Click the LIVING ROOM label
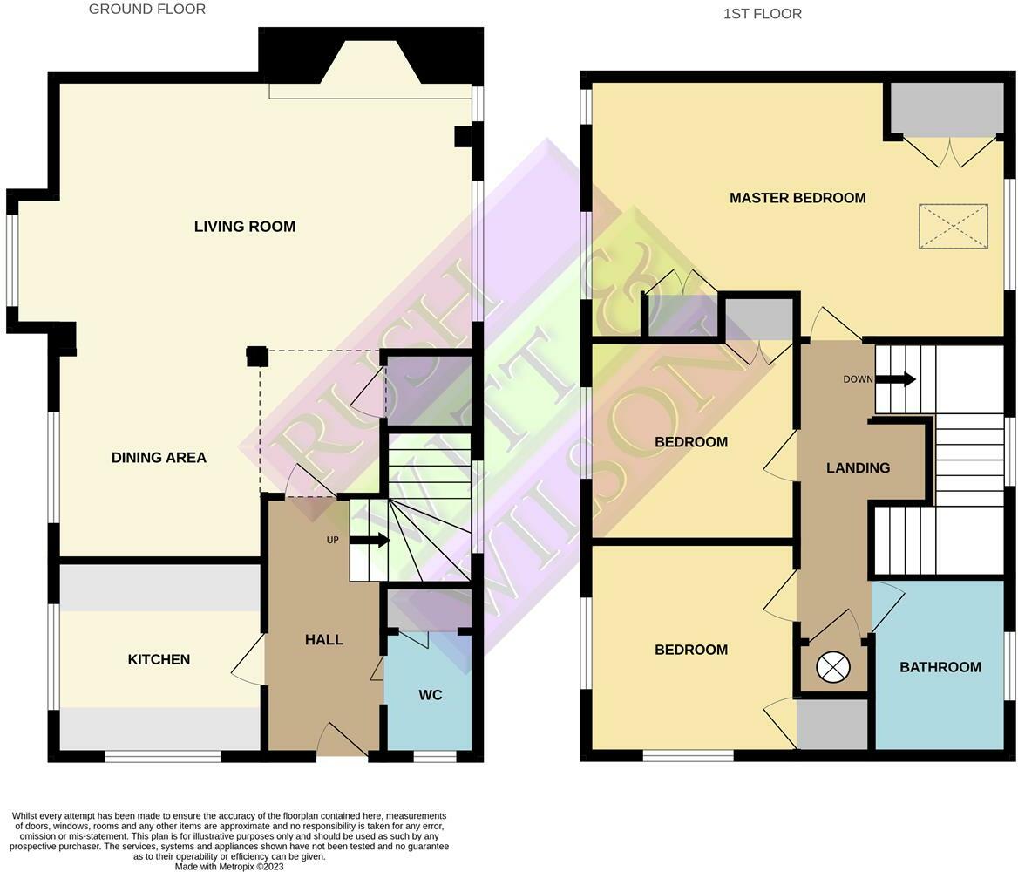[245, 227]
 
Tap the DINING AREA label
[159, 458]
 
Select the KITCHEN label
[159, 659]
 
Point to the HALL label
[324, 640]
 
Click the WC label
[431, 695]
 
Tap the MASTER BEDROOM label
[797, 198]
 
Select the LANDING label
[858, 468]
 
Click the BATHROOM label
[940, 667]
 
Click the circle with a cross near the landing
[832, 668]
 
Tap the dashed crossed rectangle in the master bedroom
[953, 227]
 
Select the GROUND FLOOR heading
[147, 10]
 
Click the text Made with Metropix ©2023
[229, 867]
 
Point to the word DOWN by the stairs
[858, 379]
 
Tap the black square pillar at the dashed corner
[256, 356]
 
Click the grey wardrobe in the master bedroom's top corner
[947, 109]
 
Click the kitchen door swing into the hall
[249, 658]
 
